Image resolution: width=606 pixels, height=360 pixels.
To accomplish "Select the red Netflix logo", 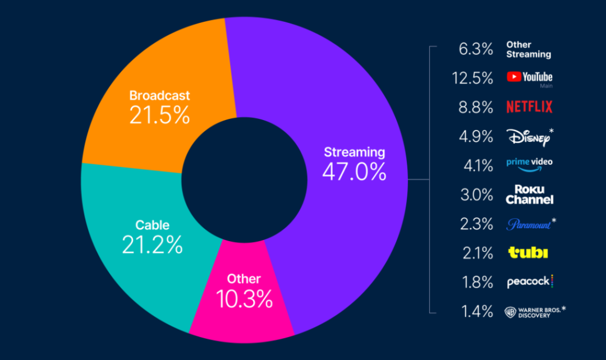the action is click(x=530, y=107).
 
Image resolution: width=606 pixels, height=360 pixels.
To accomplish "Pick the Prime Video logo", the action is click(x=530, y=164).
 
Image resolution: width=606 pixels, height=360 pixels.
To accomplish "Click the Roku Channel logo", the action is click(x=530, y=194).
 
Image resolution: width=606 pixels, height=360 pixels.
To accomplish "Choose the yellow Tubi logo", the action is click(x=528, y=253).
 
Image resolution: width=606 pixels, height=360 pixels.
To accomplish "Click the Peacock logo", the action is click(x=530, y=281).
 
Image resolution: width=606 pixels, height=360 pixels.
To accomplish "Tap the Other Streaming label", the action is click(x=529, y=49).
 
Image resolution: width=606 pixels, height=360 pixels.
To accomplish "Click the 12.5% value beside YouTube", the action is click(x=472, y=78).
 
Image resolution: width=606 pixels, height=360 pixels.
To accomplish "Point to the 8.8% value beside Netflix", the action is click(x=476, y=107).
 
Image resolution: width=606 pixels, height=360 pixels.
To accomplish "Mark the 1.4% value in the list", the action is click(x=478, y=311).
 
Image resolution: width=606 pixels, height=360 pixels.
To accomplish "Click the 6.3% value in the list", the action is click(x=476, y=49).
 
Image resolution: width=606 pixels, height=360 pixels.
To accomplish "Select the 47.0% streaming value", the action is click(x=355, y=172).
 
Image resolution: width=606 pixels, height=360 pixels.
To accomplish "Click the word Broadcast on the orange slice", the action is click(x=159, y=95).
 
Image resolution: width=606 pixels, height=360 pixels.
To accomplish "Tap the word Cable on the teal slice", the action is click(x=152, y=225).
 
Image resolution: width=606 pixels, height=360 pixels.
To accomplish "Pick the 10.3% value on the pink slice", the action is click(x=244, y=299).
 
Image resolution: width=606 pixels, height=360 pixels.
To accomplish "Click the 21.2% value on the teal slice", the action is click(x=152, y=245).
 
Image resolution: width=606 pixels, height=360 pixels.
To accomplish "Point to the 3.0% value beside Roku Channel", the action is click(x=476, y=195).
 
